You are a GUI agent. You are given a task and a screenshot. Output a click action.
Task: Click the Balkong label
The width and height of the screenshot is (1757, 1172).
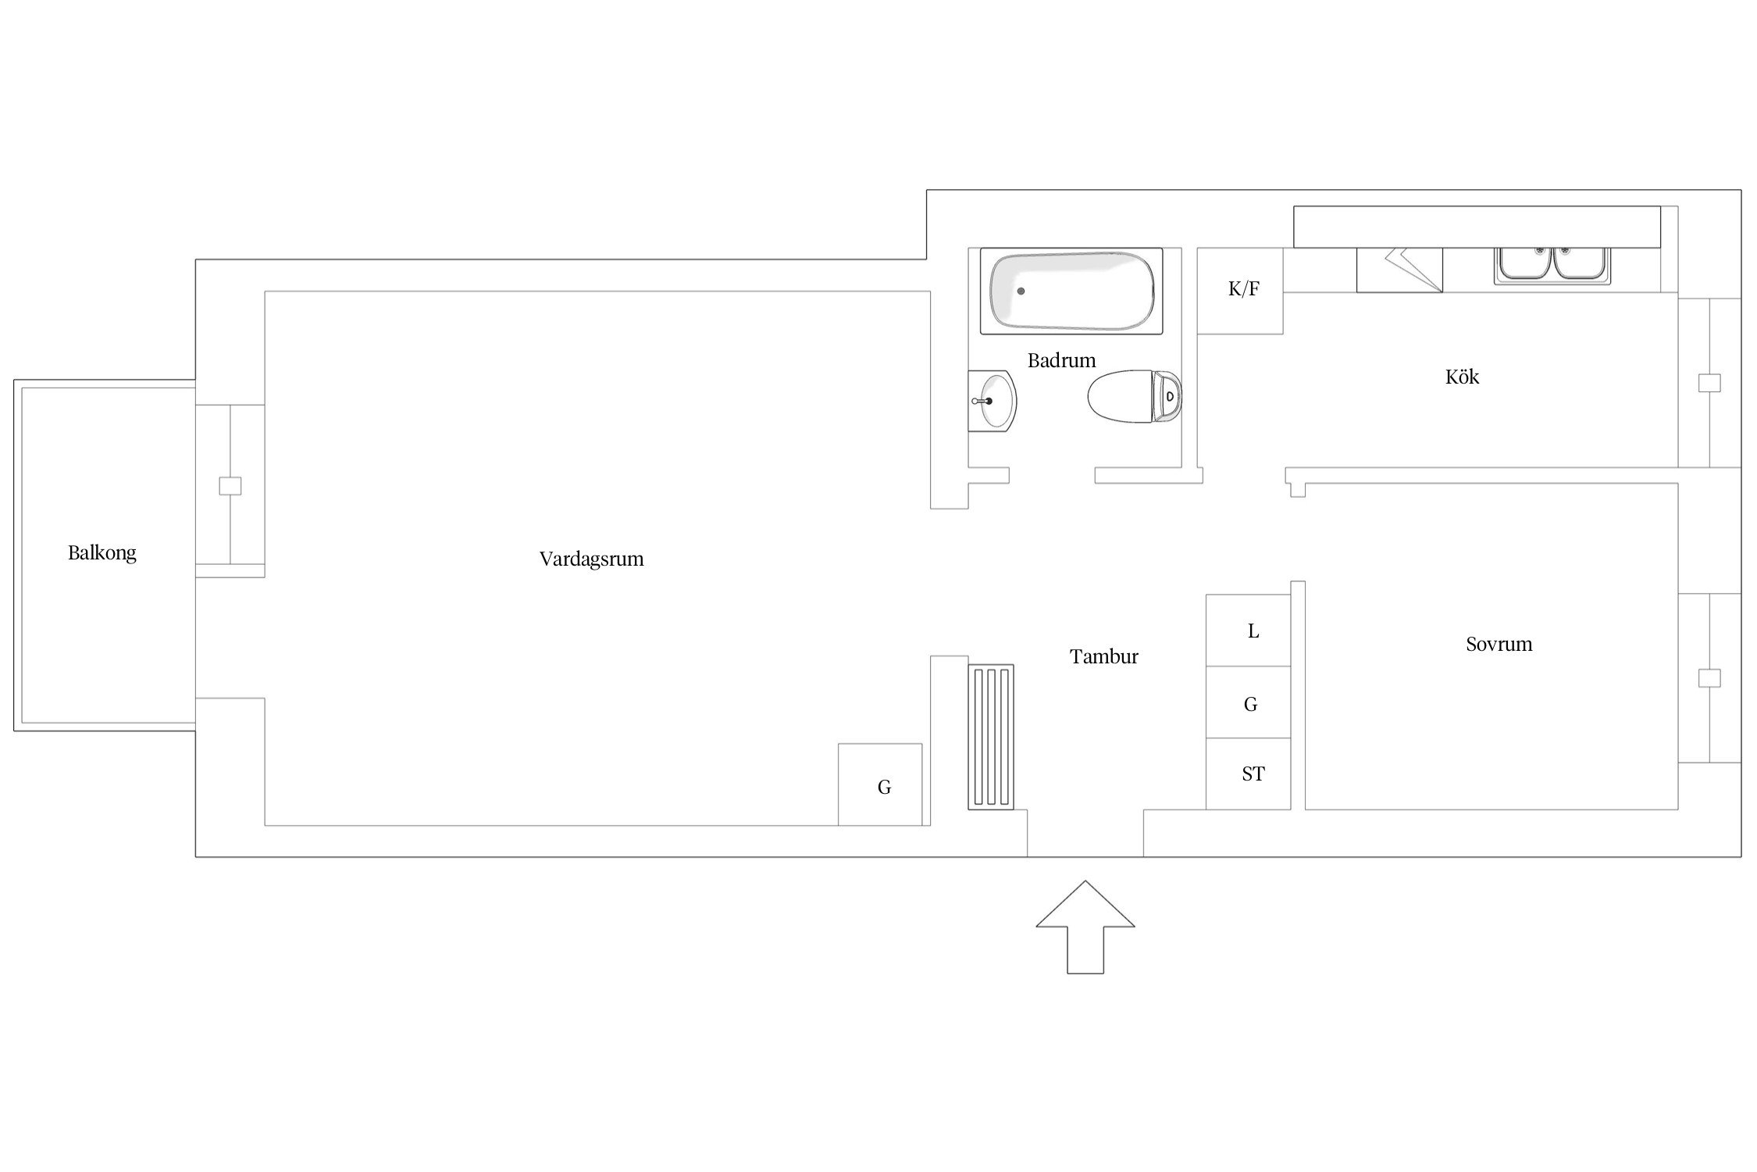pos(102,553)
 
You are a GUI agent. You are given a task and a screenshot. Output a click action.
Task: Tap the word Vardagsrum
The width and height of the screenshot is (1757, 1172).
pos(591,559)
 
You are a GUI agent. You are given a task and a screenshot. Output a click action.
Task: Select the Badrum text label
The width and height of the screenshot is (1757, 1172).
pos(1061,360)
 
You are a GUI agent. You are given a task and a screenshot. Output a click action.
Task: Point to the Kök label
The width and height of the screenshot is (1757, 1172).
pos(1462,377)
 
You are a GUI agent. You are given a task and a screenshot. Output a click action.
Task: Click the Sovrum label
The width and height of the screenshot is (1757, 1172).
pos(1499,644)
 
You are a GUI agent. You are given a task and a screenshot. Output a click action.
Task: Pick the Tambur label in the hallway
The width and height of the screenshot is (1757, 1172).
pos(1103,656)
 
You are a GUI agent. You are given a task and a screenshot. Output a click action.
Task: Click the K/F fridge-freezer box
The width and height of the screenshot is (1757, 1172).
pos(1240,291)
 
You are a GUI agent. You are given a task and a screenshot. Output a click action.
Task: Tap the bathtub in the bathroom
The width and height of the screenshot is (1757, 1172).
pos(1071,291)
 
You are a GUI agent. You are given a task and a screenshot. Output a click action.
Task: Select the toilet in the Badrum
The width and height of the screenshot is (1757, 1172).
pos(1135,397)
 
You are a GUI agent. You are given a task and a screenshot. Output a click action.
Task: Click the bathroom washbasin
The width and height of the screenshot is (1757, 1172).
pos(993,401)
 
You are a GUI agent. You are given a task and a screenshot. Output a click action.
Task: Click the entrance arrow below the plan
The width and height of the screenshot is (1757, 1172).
pos(1085,927)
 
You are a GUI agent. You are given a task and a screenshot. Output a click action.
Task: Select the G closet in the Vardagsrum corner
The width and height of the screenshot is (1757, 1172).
pos(880,784)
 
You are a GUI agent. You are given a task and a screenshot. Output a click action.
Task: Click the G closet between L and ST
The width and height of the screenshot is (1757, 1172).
pos(1249,702)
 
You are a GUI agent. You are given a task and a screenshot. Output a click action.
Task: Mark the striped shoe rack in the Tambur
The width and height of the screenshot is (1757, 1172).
pos(991,737)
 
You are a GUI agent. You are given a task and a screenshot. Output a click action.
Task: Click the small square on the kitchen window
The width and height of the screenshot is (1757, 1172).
pos(1709,383)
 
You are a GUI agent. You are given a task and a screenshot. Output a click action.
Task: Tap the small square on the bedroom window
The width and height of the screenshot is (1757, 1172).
pos(1709,678)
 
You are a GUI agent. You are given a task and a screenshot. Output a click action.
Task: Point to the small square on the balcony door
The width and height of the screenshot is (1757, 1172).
pos(230,486)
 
